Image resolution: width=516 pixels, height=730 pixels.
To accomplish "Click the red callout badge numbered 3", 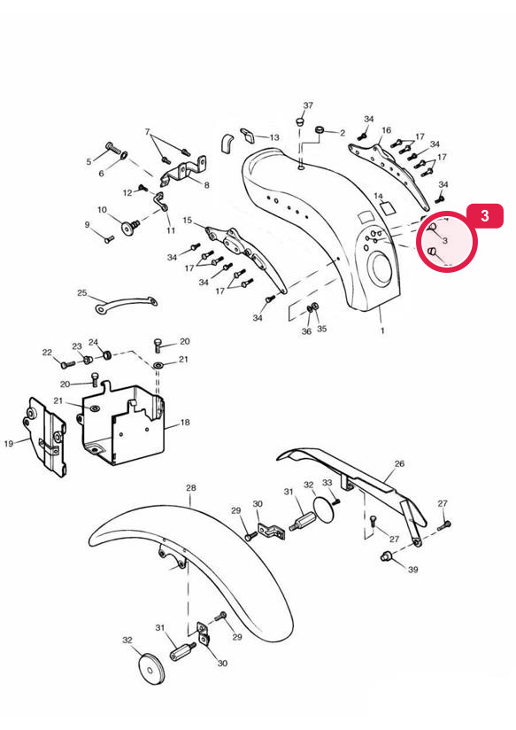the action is [485, 215].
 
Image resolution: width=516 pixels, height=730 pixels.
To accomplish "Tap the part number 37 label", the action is [308, 105].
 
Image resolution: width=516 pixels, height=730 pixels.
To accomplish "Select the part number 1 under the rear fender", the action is [382, 331].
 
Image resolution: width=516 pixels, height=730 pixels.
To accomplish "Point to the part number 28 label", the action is [191, 488].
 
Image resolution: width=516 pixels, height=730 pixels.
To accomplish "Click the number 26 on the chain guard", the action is [399, 463].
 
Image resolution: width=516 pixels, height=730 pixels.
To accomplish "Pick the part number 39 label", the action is [412, 570].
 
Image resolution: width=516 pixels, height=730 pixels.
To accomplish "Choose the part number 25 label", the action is [82, 293].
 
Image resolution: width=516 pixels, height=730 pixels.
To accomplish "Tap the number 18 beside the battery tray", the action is [185, 423].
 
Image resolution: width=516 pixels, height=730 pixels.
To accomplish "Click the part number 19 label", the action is [9, 444].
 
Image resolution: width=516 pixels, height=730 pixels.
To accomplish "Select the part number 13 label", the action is [274, 137].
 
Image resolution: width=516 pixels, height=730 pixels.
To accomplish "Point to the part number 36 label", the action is [306, 331].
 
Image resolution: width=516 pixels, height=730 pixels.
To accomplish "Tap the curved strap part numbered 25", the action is [126, 300].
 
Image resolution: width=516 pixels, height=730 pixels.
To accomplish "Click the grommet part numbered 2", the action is [320, 129].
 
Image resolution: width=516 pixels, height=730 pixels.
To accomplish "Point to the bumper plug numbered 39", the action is [386, 555].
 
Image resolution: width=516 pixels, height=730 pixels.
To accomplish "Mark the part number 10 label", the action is [103, 210].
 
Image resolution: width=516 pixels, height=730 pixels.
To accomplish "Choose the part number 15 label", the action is [188, 221].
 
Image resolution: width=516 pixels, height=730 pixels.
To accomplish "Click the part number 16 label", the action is [387, 130].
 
